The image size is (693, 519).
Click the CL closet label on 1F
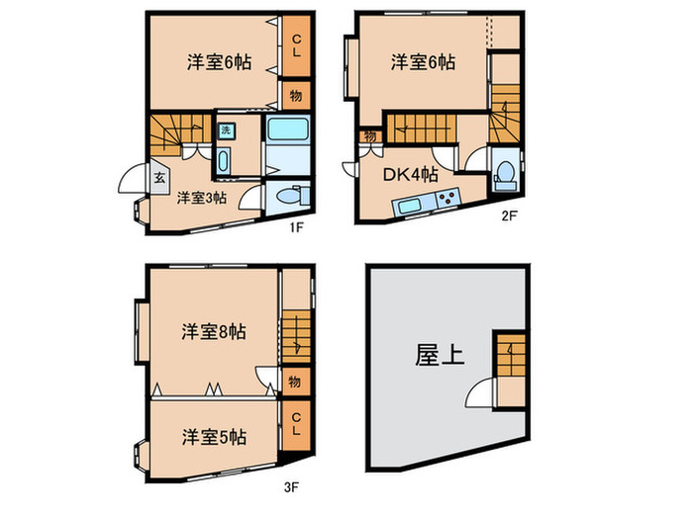(x=295, y=46)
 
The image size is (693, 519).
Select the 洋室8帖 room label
(x=213, y=332)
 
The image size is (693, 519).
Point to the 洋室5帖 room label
(x=214, y=436)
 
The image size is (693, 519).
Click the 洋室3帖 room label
(x=202, y=198)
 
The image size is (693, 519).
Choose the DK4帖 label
(x=411, y=175)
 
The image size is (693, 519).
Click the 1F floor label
(x=294, y=226)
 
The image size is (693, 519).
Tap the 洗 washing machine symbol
(x=225, y=130)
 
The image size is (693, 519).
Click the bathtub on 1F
(x=289, y=129)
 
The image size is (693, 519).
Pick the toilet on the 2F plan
(x=505, y=171)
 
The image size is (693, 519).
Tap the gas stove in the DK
(x=445, y=199)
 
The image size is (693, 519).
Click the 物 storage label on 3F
(x=294, y=382)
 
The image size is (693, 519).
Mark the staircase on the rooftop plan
(x=511, y=354)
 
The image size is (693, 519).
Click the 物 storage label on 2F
(x=369, y=135)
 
